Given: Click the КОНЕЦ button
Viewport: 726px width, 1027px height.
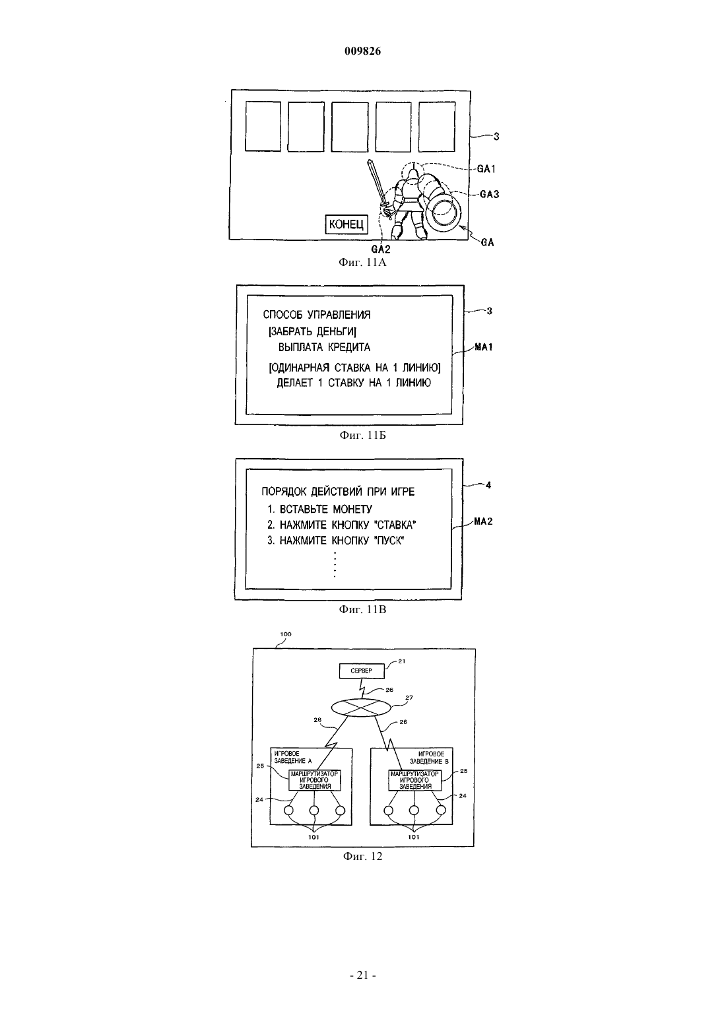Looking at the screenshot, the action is click(x=346, y=224).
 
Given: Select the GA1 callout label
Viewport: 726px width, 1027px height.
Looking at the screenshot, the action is click(x=486, y=169).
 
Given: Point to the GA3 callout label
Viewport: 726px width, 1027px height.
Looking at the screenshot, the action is click(x=489, y=195).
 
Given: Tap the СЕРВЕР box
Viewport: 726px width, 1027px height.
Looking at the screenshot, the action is click(x=362, y=671).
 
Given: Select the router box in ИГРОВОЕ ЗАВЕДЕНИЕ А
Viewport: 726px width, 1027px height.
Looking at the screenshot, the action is click(x=314, y=779).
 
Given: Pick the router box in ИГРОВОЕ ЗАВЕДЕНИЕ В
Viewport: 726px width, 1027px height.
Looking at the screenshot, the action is click(x=414, y=779).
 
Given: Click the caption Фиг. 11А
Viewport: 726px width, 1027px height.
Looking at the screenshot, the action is click(x=362, y=263).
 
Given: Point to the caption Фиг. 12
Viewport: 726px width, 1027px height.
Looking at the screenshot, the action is click(x=362, y=857).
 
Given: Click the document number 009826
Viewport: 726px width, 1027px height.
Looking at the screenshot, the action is click(x=362, y=51).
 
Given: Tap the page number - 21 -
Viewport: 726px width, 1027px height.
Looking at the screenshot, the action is click(x=362, y=975).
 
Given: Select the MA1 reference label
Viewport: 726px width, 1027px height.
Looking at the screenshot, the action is click(x=484, y=347).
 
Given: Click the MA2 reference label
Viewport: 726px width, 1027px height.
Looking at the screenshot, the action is click(x=484, y=521).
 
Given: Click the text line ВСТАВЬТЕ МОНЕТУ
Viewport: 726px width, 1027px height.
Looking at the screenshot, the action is click(x=326, y=509).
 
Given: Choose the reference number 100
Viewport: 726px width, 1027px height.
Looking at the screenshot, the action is click(x=286, y=634).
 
